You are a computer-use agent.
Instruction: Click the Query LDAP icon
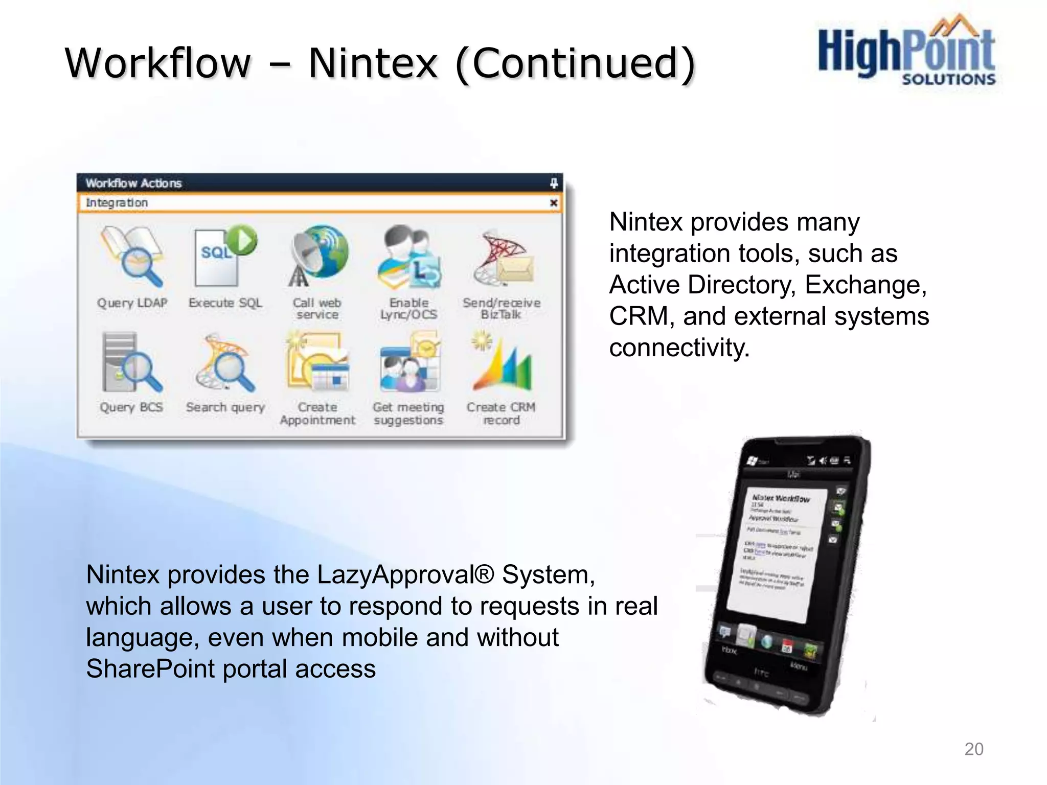coord(132,256)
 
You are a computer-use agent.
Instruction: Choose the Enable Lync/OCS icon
coord(409,257)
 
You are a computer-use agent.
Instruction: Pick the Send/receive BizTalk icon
coord(502,257)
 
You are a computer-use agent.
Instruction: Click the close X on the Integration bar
coord(554,203)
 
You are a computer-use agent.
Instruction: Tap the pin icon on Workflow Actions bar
coord(554,183)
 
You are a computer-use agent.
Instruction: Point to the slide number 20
coord(973,749)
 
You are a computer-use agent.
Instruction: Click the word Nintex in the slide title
coord(373,63)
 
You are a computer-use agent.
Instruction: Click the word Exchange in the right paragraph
coord(866,285)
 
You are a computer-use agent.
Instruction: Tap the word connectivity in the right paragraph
coord(679,348)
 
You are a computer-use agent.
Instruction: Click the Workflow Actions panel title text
coord(133,183)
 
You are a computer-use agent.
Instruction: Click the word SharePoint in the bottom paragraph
coord(150,669)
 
